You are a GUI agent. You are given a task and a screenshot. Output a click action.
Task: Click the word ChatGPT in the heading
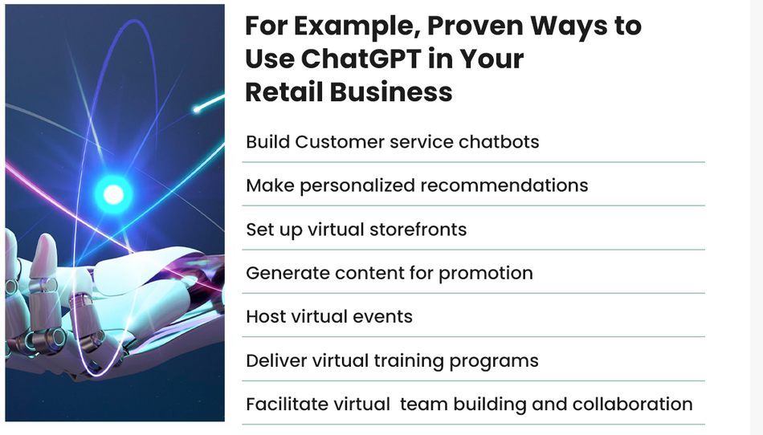[x=361, y=59]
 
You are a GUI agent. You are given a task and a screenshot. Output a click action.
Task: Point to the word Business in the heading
[x=391, y=91]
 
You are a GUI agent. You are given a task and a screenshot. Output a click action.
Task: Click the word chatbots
[x=499, y=142]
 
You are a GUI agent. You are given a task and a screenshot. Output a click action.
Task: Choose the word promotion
[x=486, y=273]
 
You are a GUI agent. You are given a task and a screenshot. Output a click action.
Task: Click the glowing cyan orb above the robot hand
[x=113, y=194]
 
